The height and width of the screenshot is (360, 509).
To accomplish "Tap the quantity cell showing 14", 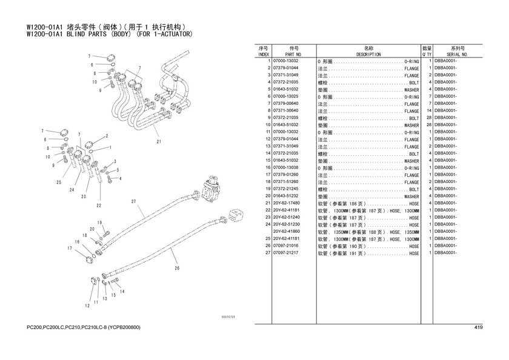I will (x=428, y=111).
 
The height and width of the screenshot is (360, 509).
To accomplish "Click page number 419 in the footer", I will (x=478, y=328).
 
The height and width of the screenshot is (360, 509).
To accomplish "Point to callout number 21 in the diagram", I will (x=158, y=142).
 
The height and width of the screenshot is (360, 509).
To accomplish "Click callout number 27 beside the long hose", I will (x=133, y=201).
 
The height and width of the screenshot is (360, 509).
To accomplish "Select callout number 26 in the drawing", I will (x=177, y=267).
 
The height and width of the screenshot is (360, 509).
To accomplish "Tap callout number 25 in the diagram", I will (x=59, y=182).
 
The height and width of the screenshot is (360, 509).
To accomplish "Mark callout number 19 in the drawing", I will (x=99, y=222).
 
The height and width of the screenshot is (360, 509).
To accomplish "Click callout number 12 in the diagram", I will (x=78, y=302).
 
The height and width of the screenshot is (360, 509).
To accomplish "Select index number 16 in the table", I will (x=267, y=167).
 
